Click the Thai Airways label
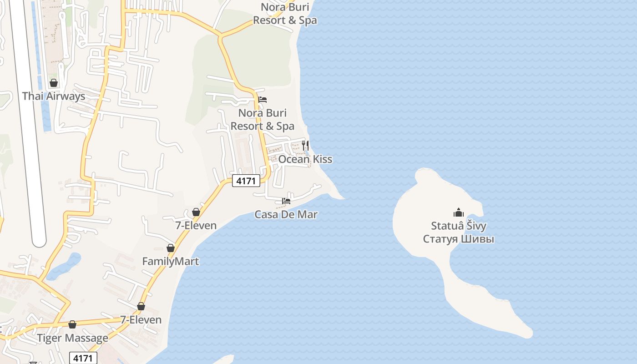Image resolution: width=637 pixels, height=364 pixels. point(54,96)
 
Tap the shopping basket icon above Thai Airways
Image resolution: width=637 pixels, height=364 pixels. point(54,83)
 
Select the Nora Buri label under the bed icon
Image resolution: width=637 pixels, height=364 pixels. point(263,119)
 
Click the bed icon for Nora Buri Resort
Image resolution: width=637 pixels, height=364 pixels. point(263,100)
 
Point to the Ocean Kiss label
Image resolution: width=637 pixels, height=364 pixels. point(305,159)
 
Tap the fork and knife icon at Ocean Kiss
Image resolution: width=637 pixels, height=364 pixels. point(305,146)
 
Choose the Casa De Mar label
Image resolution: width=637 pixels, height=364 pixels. point(286,214)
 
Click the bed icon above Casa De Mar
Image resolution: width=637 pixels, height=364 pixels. point(286,201)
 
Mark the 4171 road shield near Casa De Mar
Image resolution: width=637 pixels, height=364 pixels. point(246,181)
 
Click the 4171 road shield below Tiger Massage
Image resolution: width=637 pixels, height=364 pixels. point(83,358)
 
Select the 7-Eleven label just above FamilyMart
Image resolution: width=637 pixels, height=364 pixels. point(196,225)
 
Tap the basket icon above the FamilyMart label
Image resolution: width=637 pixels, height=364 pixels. point(171,248)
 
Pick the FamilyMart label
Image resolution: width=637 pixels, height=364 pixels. point(170,262)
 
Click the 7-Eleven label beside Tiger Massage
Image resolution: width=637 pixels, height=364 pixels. point(141,319)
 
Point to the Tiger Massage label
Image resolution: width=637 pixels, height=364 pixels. point(73,338)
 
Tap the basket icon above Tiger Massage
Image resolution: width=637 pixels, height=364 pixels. point(72,324)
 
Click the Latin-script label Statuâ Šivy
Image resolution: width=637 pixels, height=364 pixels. point(458,226)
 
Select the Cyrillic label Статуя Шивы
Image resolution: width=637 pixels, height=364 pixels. point(458,239)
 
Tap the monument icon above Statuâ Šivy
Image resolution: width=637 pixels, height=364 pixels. point(458,212)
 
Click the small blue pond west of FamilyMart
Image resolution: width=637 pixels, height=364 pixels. point(64,266)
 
